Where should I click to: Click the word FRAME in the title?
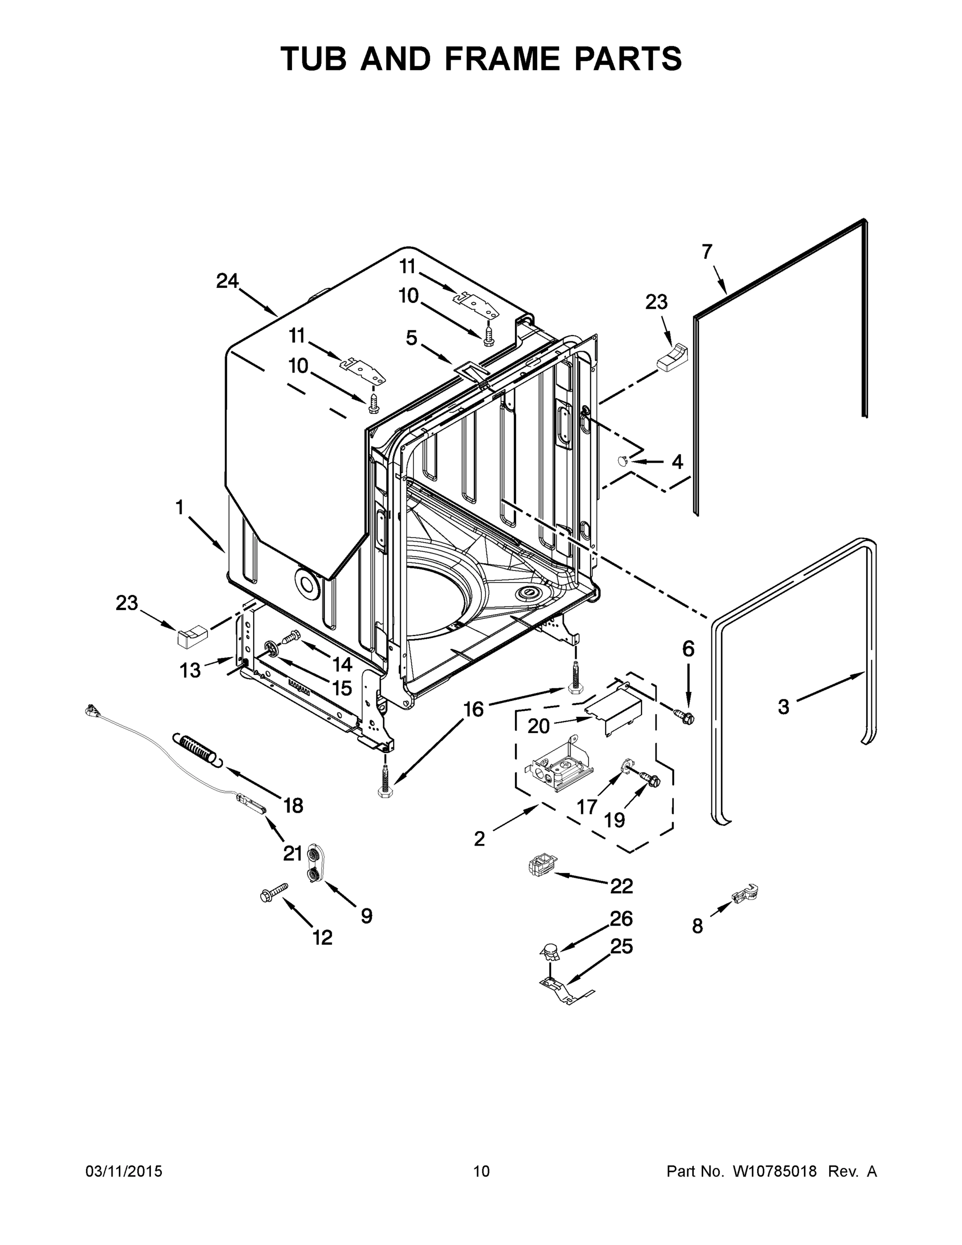(502, 59)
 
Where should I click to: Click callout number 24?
(227, 281)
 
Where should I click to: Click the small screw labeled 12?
(273, 893)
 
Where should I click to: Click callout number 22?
(621, 886)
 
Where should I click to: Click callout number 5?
(411, 338)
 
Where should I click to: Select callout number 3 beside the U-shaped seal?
(784, 707)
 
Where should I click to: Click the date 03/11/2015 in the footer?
(123, 1171)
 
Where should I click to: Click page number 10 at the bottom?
(481, 1171)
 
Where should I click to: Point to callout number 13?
(190, 670)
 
